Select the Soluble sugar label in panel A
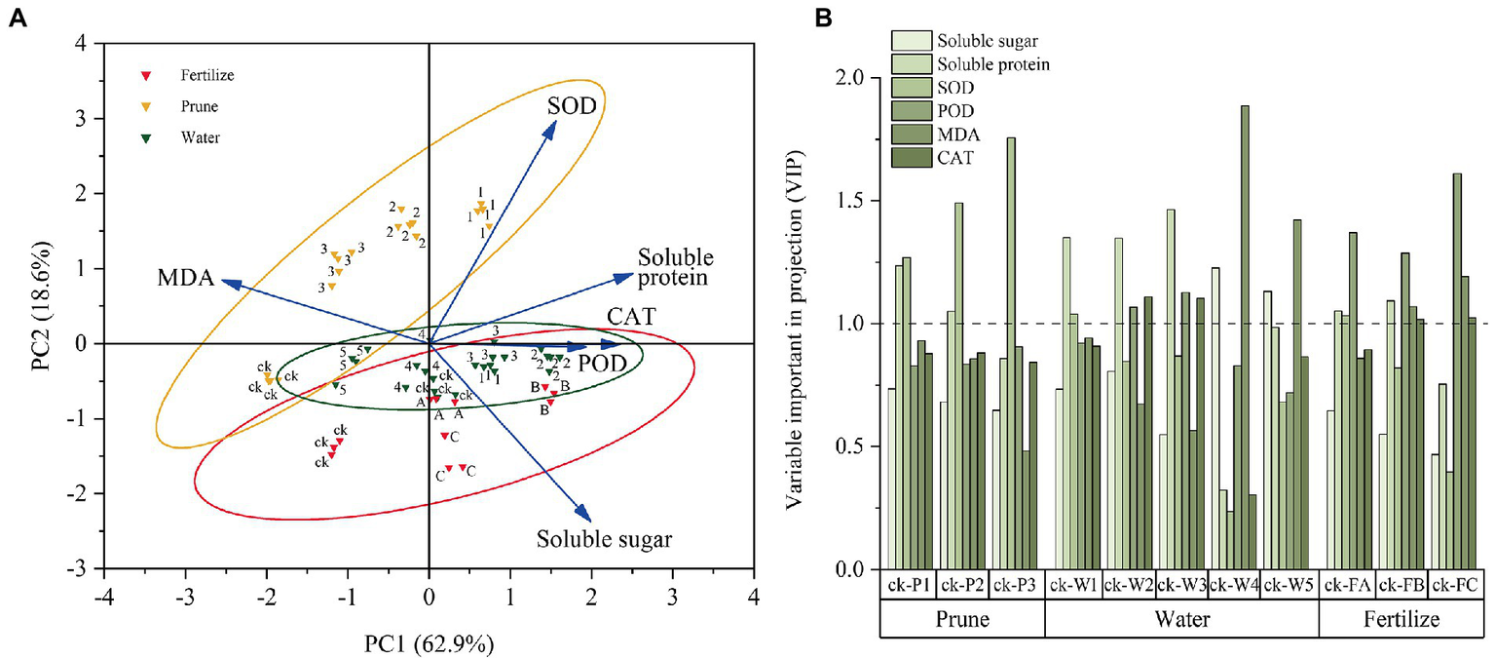[x=604, y=537]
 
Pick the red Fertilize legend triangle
[x=146, y=76]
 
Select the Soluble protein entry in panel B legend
[x=992, y=64]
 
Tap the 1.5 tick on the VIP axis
[x=861, y=201]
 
